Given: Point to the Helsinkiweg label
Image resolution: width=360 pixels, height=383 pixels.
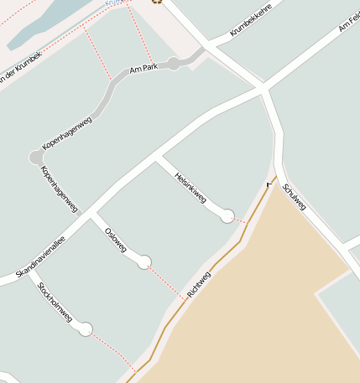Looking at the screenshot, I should (x=190, y=187).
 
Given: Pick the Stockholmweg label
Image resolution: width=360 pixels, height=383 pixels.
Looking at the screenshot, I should (x=55, y=303).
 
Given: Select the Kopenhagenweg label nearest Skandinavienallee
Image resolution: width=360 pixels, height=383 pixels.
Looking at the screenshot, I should (x=60, y=188).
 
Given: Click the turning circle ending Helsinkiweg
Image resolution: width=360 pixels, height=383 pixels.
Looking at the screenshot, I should (x=227, y=216).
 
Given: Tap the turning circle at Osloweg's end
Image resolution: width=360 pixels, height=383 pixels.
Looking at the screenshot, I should (x=144, y=261).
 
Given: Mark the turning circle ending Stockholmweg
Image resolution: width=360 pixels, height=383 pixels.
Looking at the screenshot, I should (x=85, y=329).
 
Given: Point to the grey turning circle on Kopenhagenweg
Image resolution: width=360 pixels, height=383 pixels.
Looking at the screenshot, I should (x=36, y=157).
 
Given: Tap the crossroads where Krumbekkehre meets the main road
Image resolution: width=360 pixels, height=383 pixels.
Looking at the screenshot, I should (x=263, y=87).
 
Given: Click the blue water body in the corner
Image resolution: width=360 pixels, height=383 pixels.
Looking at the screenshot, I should (x=42, y=25).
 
